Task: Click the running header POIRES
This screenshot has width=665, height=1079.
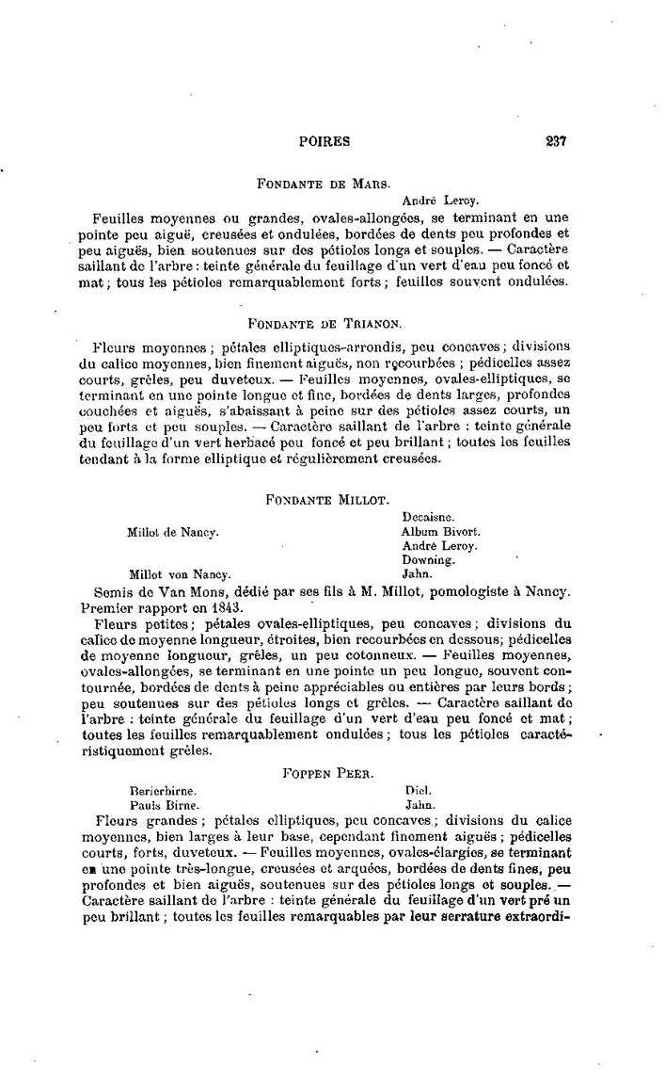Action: point(324,142)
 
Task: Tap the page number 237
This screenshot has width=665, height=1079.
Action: point(555,142)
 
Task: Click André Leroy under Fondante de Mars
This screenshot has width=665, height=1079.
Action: point(440,201)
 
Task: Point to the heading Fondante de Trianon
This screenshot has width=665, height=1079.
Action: point(335,322)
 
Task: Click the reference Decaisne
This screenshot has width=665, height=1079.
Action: point(429,517)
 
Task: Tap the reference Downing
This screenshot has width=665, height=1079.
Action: point(429,559)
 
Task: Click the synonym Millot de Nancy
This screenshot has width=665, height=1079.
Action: point(173,532)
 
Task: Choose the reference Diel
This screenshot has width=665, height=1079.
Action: point(417,792)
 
